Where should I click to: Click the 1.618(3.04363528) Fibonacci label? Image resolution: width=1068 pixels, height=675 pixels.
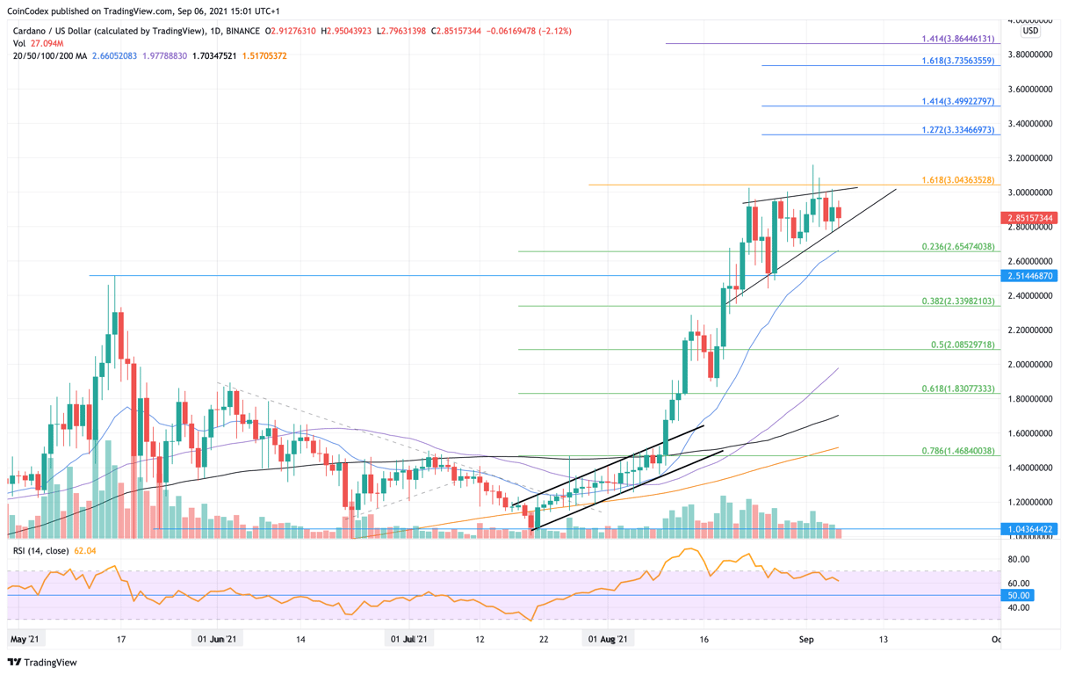(x=956, y=179)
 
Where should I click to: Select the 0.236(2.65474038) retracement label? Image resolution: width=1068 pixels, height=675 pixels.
(x=956, y=247)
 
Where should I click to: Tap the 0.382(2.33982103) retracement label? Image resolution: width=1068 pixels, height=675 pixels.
(x=956, y=301)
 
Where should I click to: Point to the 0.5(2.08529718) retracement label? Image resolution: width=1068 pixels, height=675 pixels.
(x=963, y=345)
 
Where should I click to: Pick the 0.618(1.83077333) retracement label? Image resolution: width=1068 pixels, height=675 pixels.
(x=956, y=388)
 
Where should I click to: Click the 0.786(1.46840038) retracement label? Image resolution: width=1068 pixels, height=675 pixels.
(x=956, y=450)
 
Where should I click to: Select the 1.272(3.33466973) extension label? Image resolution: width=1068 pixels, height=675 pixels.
(x=956, y=129)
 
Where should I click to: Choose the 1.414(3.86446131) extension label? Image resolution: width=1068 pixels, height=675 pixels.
(x=957, y=39)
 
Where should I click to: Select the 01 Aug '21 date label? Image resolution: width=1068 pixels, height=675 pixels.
(x=608, y=639)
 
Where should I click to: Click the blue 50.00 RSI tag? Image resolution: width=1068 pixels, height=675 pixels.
(x=1019, y=595)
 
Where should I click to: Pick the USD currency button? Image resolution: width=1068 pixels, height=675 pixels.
(x=1030, y=31)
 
